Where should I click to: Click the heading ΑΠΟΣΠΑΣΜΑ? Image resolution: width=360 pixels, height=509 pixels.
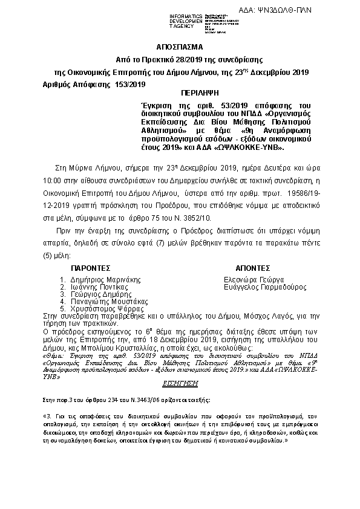click(x=180, y=46)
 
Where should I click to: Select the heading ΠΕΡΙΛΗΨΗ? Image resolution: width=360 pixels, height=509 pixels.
click(x=197, y=95)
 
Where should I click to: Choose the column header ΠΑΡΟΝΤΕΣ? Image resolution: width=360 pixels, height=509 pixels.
click(x=91, y=267)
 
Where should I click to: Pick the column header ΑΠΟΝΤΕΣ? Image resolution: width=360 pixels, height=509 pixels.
click(x=251, y=267)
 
